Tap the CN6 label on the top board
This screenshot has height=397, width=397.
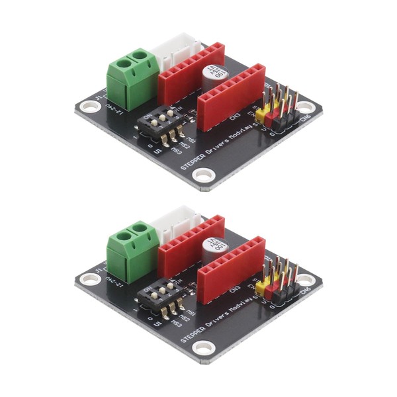pos(305,119)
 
